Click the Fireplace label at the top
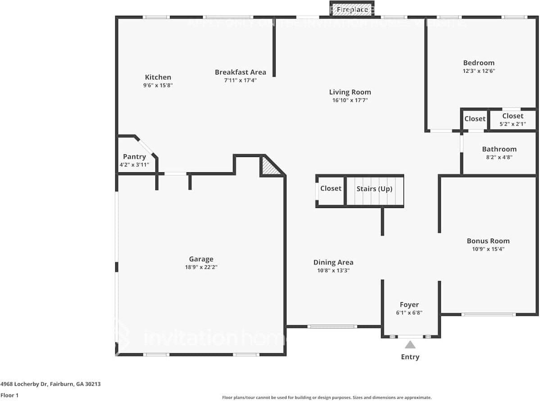[x=352, y=9]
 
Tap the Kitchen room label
[x=158, y=77]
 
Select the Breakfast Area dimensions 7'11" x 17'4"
[x=240, y=80]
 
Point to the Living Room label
[x=350, y=92]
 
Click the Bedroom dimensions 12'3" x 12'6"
[x=479, y=71]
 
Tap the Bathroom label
[x=499, y=149]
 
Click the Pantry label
[x=134, y=157]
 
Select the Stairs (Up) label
[x=374, y=189]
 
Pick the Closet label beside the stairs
[x=331, y=188]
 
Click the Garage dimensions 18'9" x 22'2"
[x=201, y=267]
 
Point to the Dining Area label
[x=333, y=262]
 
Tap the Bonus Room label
[x=488, y=241]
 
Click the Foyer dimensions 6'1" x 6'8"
[x=409, y=313]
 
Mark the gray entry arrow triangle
[x=410, y=345]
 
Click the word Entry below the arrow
[x=410, y=357]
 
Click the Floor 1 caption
[x=9, y=395]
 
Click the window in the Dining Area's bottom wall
[x=332, y=327]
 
